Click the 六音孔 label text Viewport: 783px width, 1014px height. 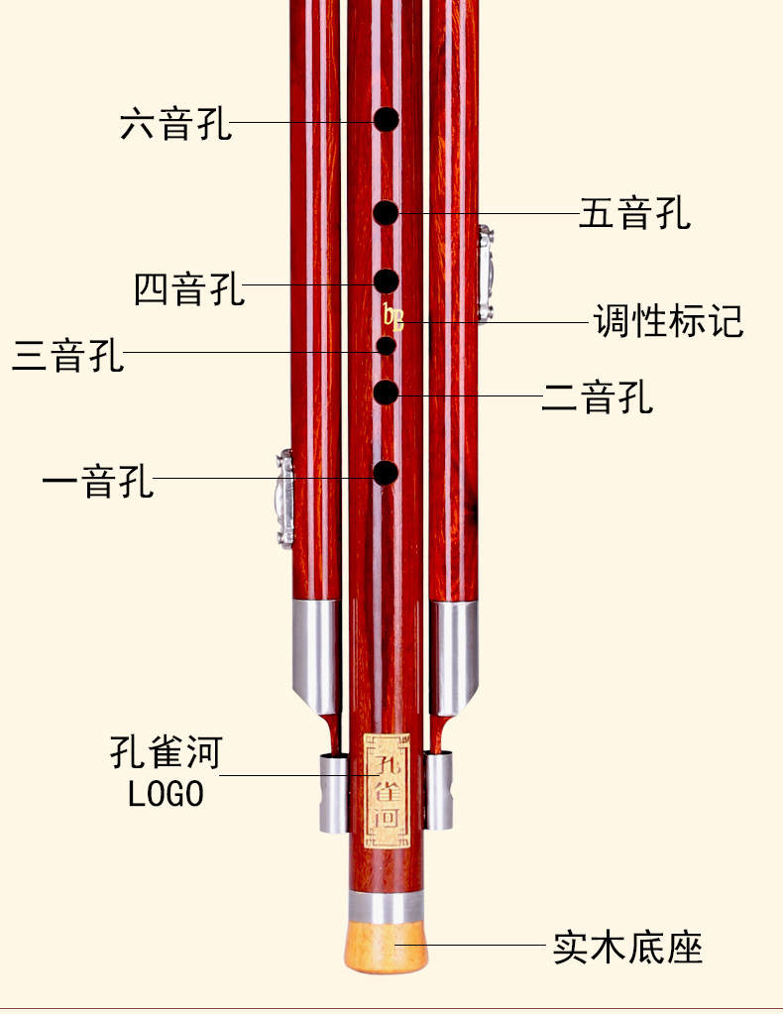tap(175, 125)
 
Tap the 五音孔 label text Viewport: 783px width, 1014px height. tap(634, 214)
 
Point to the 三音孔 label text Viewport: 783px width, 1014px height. tap(67, 354)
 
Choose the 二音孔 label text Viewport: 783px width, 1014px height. tap(597, 397)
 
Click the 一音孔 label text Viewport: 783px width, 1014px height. tap(97, 482)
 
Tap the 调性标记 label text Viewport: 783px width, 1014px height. tap(668, 321)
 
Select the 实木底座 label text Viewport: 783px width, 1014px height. tap(628, 948)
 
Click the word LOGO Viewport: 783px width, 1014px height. tap(166, 794)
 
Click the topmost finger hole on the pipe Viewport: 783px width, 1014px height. tap(386, 120)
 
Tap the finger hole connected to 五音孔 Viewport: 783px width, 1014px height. tap(386, 212)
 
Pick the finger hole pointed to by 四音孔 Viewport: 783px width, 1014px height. tap(386, 281)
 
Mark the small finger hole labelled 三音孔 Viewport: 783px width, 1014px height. tap(386, 346)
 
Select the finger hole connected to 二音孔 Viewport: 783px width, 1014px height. tap(386, 393)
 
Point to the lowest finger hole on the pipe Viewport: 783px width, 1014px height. tap(386, 473)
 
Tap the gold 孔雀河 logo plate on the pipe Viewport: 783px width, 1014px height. tap(386, 791)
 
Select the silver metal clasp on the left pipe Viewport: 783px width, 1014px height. tap(284, 499)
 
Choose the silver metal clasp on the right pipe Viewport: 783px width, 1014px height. tap(485, 275)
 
